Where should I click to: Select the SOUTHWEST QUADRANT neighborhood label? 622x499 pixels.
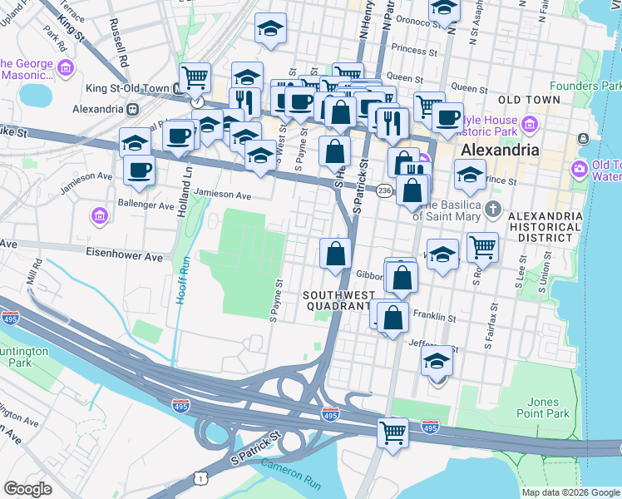click(x=336, y=301)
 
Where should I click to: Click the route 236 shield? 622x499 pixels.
click(x=383, y=191)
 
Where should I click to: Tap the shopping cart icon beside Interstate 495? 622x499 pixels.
click(x=392, y=432)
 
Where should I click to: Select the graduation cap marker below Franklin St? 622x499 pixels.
click(x=437, y=361)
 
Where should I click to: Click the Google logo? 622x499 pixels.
click(x=27, y=489)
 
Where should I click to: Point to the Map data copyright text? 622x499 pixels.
click(x=570, y=492)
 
